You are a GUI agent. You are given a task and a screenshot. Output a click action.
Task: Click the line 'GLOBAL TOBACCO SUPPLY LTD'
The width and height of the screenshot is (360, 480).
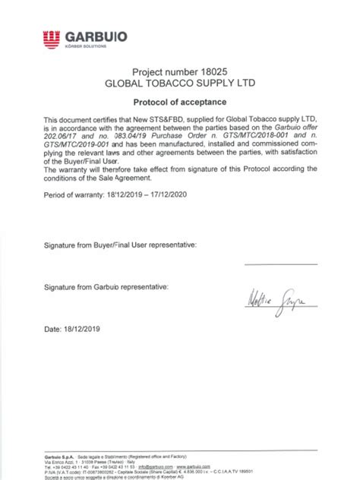coord(179,81)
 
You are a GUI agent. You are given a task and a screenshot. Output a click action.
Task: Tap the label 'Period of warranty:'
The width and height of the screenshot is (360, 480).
coord(74,195)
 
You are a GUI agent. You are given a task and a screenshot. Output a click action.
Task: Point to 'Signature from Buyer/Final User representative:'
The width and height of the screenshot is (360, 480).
coord(120,245)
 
